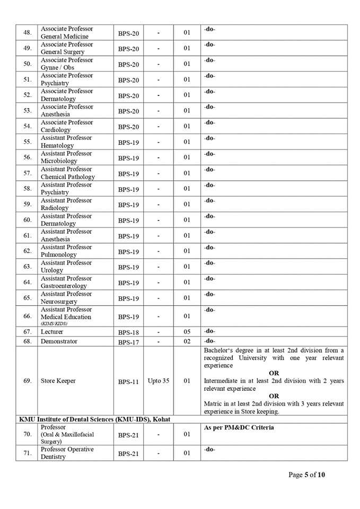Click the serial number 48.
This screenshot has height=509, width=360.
tap(27, 32)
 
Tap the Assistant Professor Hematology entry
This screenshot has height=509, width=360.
tap(66, 142)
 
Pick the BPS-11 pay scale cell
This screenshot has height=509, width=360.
tap(128, 381)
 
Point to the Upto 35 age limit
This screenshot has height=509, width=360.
tap(159, 381)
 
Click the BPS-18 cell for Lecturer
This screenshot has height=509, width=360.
tap(128, 332)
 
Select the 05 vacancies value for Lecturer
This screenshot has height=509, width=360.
tap(187, 332)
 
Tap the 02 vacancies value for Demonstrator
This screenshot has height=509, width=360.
tap(187, 341)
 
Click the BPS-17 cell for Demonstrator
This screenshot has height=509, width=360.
tap(128, 342)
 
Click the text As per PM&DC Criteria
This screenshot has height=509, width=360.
tap(239, 427)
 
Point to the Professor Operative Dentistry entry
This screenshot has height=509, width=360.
tap(67, 453)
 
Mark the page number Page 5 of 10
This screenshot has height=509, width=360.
tap(307, 475)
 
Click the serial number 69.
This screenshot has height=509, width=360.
tap(27, 381)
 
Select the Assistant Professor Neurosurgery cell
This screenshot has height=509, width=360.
tap(66, 297)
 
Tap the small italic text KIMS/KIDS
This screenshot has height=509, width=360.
tap(54, 323)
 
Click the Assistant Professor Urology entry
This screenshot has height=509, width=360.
tap(66, 266)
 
